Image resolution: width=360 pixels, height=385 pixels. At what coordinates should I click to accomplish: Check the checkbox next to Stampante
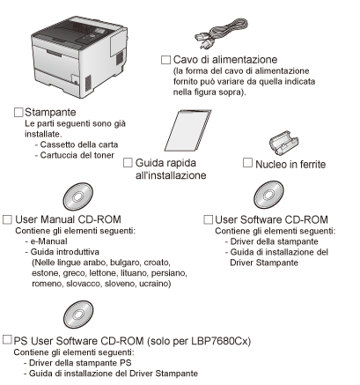(x=18, y=112)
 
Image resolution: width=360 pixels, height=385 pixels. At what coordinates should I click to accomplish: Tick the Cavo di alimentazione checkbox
(x=165, y=60)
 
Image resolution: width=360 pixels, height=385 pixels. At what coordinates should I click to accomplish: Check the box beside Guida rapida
(x=128, y=163)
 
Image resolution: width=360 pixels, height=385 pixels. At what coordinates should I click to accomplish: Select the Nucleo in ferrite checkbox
(x=247, y=163)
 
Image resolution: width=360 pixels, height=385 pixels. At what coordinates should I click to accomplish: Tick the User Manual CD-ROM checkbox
(x=7, y=219)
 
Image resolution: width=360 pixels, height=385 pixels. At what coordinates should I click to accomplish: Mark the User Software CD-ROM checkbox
(x=208, y=219)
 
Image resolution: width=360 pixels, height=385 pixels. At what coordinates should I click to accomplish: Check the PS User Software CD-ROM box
(x=7, y=340)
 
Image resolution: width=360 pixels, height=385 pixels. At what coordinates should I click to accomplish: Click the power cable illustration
(x=222, y=33)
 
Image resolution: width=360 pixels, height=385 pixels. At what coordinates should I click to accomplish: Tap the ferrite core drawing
(x=283, y=143)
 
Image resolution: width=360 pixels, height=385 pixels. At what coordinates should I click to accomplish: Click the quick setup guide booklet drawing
(x=187, y=130)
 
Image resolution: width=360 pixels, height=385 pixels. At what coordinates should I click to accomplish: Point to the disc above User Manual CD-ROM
(x=77, y=196)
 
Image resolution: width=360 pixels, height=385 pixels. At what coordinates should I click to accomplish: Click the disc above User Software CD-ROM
(x=268, y=195)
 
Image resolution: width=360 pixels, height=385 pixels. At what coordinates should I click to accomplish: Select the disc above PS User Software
(x=78, y=315)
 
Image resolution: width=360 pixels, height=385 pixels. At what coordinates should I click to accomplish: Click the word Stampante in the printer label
(x=50, y=112)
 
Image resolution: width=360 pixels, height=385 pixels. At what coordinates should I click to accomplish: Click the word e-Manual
(x=48, y=241)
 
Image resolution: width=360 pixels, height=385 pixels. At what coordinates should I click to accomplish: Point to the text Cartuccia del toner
(x=77, y=155)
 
